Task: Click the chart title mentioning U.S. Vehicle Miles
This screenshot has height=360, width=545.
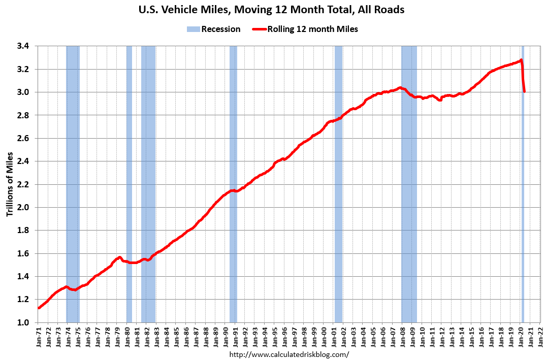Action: [x=272, y=10]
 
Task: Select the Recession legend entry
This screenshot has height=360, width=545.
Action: [x=213, y=29]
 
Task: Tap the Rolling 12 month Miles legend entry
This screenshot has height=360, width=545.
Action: [x=305, y=29]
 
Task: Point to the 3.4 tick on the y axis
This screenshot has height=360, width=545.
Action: [x=23, y=46]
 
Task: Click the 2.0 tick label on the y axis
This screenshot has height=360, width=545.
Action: [x=23, y=208]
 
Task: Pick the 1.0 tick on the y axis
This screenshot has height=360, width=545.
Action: [x=23, y=322]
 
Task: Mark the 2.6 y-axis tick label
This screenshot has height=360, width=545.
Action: [x=23, y=139]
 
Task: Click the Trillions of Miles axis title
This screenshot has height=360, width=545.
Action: [x=10, y=184]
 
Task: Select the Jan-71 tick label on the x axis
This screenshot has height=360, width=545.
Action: [x=39, y=336]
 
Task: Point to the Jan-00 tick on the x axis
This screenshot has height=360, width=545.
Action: [x=324, y=336]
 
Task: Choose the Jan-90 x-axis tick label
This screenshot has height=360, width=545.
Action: [x=226, y=336]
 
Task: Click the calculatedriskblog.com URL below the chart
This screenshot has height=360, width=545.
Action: [x=290, y=354]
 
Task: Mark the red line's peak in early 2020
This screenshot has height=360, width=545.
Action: [x=521, y=60]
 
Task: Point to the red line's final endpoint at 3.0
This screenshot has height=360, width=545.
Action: [x=524, y=92]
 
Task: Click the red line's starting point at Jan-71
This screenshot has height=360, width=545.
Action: [x=38, y=308]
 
